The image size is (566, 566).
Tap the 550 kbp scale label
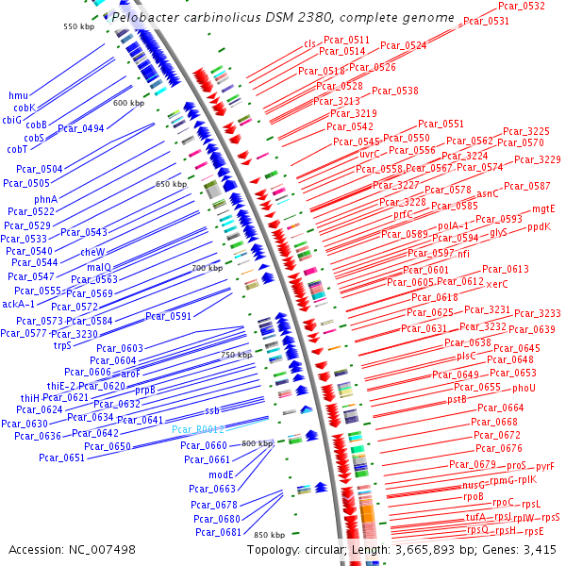(x=79, y=26)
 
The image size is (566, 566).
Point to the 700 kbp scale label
(x=207, y=269)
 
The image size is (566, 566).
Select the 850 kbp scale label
(x=269, y=535)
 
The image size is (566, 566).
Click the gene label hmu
(x=18, y=96)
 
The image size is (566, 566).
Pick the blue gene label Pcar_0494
(x=81, y=128)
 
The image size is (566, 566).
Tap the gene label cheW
(x=92, y=252)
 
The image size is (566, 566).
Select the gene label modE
(x=221, y=474)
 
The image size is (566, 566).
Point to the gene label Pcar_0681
(x=217, y=532)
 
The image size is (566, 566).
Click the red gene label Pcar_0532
(x=521, y=7)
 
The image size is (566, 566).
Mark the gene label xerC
(x=497, y=284)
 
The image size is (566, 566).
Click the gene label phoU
(x=524, y=388)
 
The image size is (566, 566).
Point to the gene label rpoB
(x=473, y=496)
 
